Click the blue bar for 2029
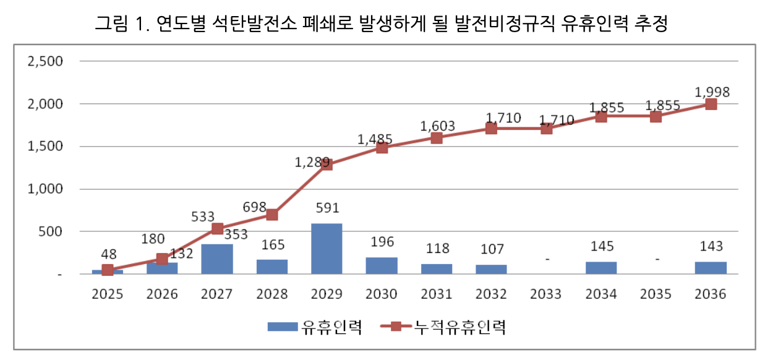coord(327,249)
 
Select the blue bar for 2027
coord(217,259)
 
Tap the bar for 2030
coord(382,266)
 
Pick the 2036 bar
coord(711,268)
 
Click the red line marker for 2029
coord(327,165)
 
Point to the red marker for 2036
coord(711,104)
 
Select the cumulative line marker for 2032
coord(491,129)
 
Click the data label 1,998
coord(712,92)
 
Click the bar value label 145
coord(601,246)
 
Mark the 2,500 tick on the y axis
coord(46,61)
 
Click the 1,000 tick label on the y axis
coord(46,189)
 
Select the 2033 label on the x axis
coord(546,294)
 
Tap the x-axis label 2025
coord(108,294)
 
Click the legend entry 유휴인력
coord(331,326)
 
